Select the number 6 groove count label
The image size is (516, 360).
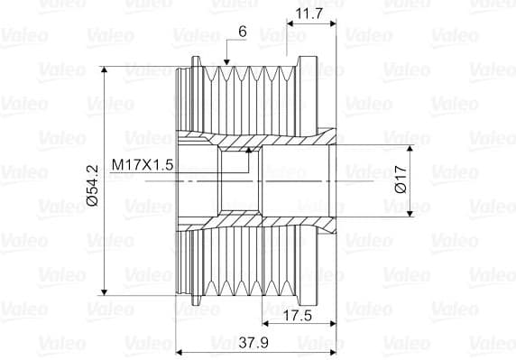(x=242, y=32)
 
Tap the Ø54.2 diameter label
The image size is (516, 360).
(x=94, y=185)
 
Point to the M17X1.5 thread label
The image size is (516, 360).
(x=143, y=164)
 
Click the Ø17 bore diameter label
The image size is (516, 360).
(x=401, y=180)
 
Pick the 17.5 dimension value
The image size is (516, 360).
(x=297, y=316)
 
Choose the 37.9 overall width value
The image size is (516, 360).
(x=253, y=343)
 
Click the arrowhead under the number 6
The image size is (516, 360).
(x=226, y=62)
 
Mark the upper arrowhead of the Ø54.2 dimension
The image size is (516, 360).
(x=105, y=69)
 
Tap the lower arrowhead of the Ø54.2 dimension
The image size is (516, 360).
(x=105, y=292)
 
